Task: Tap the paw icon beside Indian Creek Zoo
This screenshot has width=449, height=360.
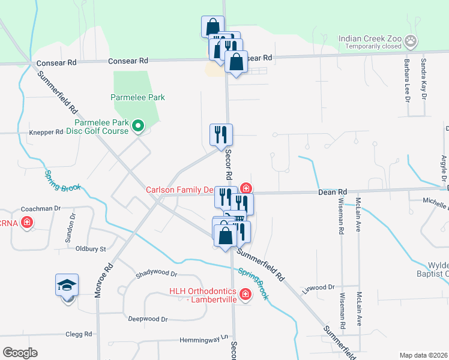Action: [411, 41]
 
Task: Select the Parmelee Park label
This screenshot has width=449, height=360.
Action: [137, 97]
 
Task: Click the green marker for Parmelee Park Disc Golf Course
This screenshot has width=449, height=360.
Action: [137, 126]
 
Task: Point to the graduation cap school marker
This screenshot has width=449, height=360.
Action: [67, 285]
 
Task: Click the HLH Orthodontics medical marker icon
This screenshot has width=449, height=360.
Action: [245, 293]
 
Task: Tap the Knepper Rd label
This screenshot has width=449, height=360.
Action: [46, 132]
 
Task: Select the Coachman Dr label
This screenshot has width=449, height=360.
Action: [41, 208]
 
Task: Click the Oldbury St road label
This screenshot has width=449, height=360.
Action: [90, 248]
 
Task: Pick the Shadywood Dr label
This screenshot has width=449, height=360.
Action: [157, 273]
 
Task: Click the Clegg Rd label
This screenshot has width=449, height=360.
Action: [79, 334]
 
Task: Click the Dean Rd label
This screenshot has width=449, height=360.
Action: [333, 192]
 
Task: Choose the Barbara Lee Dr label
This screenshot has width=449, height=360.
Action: [406, 80]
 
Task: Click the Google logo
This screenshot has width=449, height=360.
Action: [20, 352]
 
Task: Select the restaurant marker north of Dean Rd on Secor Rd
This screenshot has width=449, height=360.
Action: [221, 135]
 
